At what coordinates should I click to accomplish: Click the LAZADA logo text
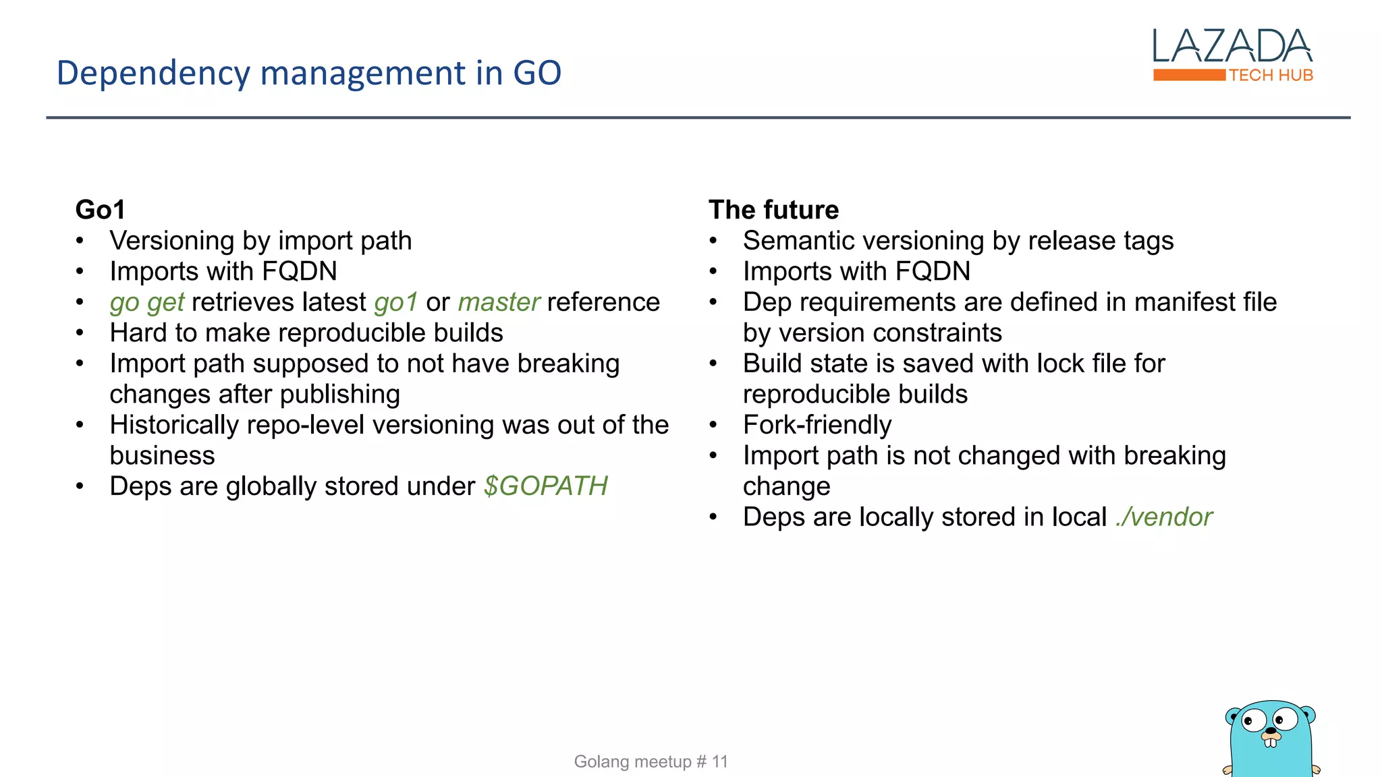click(x=1232, y=46)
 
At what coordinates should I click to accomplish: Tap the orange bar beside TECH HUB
click(x=1189, y=75)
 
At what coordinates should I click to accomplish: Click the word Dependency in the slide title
click(x=153, y=74)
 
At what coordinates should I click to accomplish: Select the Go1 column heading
click(x=100, y=210)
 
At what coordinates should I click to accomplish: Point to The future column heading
click(x=773, y=210)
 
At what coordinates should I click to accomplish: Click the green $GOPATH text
click(x=545, y=486)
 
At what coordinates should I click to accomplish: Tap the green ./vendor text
click(x=1164, y=517)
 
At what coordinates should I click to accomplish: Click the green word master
click(x=499, y=302)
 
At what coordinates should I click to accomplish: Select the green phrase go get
click(x=146, y=303)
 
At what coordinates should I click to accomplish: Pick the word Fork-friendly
click(x=817, y=425)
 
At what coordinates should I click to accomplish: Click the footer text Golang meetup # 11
click(x=651, y=761)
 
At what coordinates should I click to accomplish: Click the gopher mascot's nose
click(x=1271, y=730)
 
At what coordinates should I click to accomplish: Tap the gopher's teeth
click(x=1271, y=743)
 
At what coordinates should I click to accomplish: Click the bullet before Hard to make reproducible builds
click(x=80, y=333)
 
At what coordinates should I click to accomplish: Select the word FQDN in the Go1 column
click(x=299, y=272)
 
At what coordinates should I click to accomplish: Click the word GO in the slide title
click(x=537, y=73)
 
